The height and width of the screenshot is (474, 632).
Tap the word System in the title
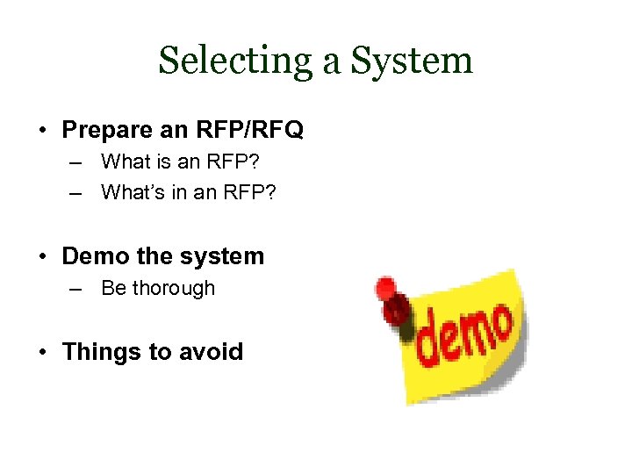coord(413,61)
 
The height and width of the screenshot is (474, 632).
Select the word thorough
coord(173,288)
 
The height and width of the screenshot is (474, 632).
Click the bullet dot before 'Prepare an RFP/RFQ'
coord(44,131)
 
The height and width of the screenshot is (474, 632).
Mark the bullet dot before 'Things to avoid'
coord(44,353)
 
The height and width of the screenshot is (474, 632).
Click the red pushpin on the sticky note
coord(390,298)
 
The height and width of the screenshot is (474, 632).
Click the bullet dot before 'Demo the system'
coord(44,257)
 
